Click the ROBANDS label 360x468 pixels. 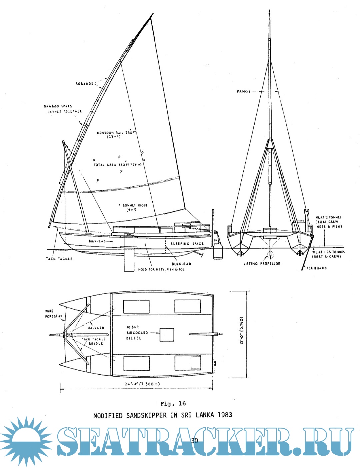tap(84, 84)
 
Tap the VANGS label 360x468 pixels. tap(244, 91)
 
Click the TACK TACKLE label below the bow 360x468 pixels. tap(59, 259)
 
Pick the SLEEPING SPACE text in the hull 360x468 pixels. tap(187, 244)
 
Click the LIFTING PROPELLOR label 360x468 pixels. tap(262, 264)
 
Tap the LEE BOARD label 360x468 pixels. tap(317, 268)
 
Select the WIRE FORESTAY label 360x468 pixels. tap(54, 314)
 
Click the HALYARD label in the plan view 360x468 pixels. tap(96, 328)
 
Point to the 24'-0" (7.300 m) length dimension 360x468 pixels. tap(142, 384)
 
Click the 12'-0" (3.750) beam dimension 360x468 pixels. tap(242, 330)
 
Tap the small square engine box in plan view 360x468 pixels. tap(167, 335)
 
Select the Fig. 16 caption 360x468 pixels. tap(173, 404)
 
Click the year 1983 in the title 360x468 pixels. tap(225, 415)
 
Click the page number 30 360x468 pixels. tap(195, 440)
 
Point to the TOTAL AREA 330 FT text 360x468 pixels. tap(117, 165)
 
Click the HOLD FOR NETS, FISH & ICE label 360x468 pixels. tap(161, 269)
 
